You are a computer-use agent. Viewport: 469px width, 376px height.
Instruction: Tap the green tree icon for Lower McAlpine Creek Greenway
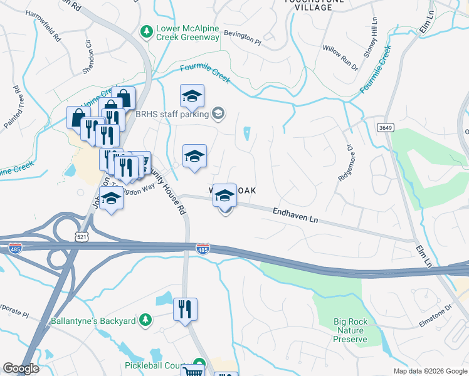click(x=147, y=31)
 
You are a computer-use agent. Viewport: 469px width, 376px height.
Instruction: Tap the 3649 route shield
click(x=385, y=127)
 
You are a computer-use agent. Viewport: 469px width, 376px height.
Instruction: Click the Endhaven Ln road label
click(x=296, y=214)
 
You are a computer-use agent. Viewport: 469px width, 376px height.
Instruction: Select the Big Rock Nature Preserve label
click(x=351, y=330)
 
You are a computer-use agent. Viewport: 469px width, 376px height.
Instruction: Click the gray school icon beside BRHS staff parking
click(x=218, y=113)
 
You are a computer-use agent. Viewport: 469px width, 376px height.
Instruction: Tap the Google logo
click(x=21, y=368)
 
